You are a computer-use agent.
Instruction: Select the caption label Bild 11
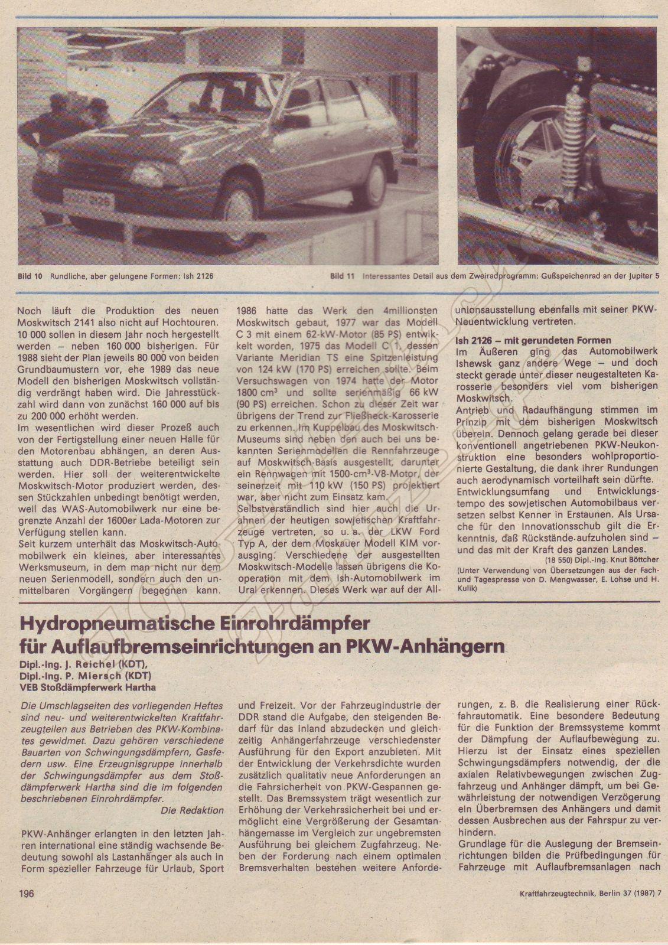[341, 276]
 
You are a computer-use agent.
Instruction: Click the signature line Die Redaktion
[193, 810]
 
